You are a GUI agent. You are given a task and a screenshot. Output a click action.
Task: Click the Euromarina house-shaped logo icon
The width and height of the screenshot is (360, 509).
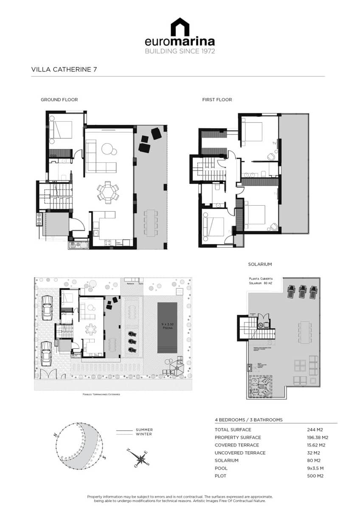coord(180,27)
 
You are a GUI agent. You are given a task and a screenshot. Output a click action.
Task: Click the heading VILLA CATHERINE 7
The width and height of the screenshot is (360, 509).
coord(65,69)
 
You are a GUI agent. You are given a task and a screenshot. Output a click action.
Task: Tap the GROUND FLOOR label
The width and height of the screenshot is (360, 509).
coord(59,100)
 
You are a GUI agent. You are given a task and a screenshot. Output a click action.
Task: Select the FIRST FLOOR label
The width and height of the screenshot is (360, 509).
coord(217,100)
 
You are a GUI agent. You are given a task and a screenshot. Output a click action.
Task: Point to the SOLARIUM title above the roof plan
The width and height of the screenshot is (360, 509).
coord(260,264)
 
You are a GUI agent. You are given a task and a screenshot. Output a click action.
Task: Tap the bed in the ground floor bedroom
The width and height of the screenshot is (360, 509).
coord(60,129)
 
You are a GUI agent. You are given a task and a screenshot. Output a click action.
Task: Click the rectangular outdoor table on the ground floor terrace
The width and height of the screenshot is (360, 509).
coord(151,223)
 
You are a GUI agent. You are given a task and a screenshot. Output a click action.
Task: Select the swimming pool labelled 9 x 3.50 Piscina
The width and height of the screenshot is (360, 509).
coord(167,327)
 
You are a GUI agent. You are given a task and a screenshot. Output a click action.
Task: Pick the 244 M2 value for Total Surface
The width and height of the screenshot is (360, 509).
coord(315,430)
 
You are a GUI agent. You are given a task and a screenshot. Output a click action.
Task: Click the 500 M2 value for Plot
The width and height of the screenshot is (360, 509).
coord(315,475)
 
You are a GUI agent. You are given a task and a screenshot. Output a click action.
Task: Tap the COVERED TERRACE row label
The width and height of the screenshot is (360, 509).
coord(237,445)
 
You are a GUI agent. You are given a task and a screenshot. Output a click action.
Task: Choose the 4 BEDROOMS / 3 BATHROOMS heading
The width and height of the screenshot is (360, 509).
coord(248,420)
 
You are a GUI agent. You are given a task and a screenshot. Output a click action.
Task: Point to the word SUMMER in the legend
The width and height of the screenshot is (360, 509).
coord(144,430)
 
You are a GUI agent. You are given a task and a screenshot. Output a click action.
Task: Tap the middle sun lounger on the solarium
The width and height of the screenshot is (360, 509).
coord(303,292)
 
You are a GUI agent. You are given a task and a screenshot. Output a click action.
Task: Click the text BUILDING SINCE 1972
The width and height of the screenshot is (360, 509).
coord(180,51)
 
